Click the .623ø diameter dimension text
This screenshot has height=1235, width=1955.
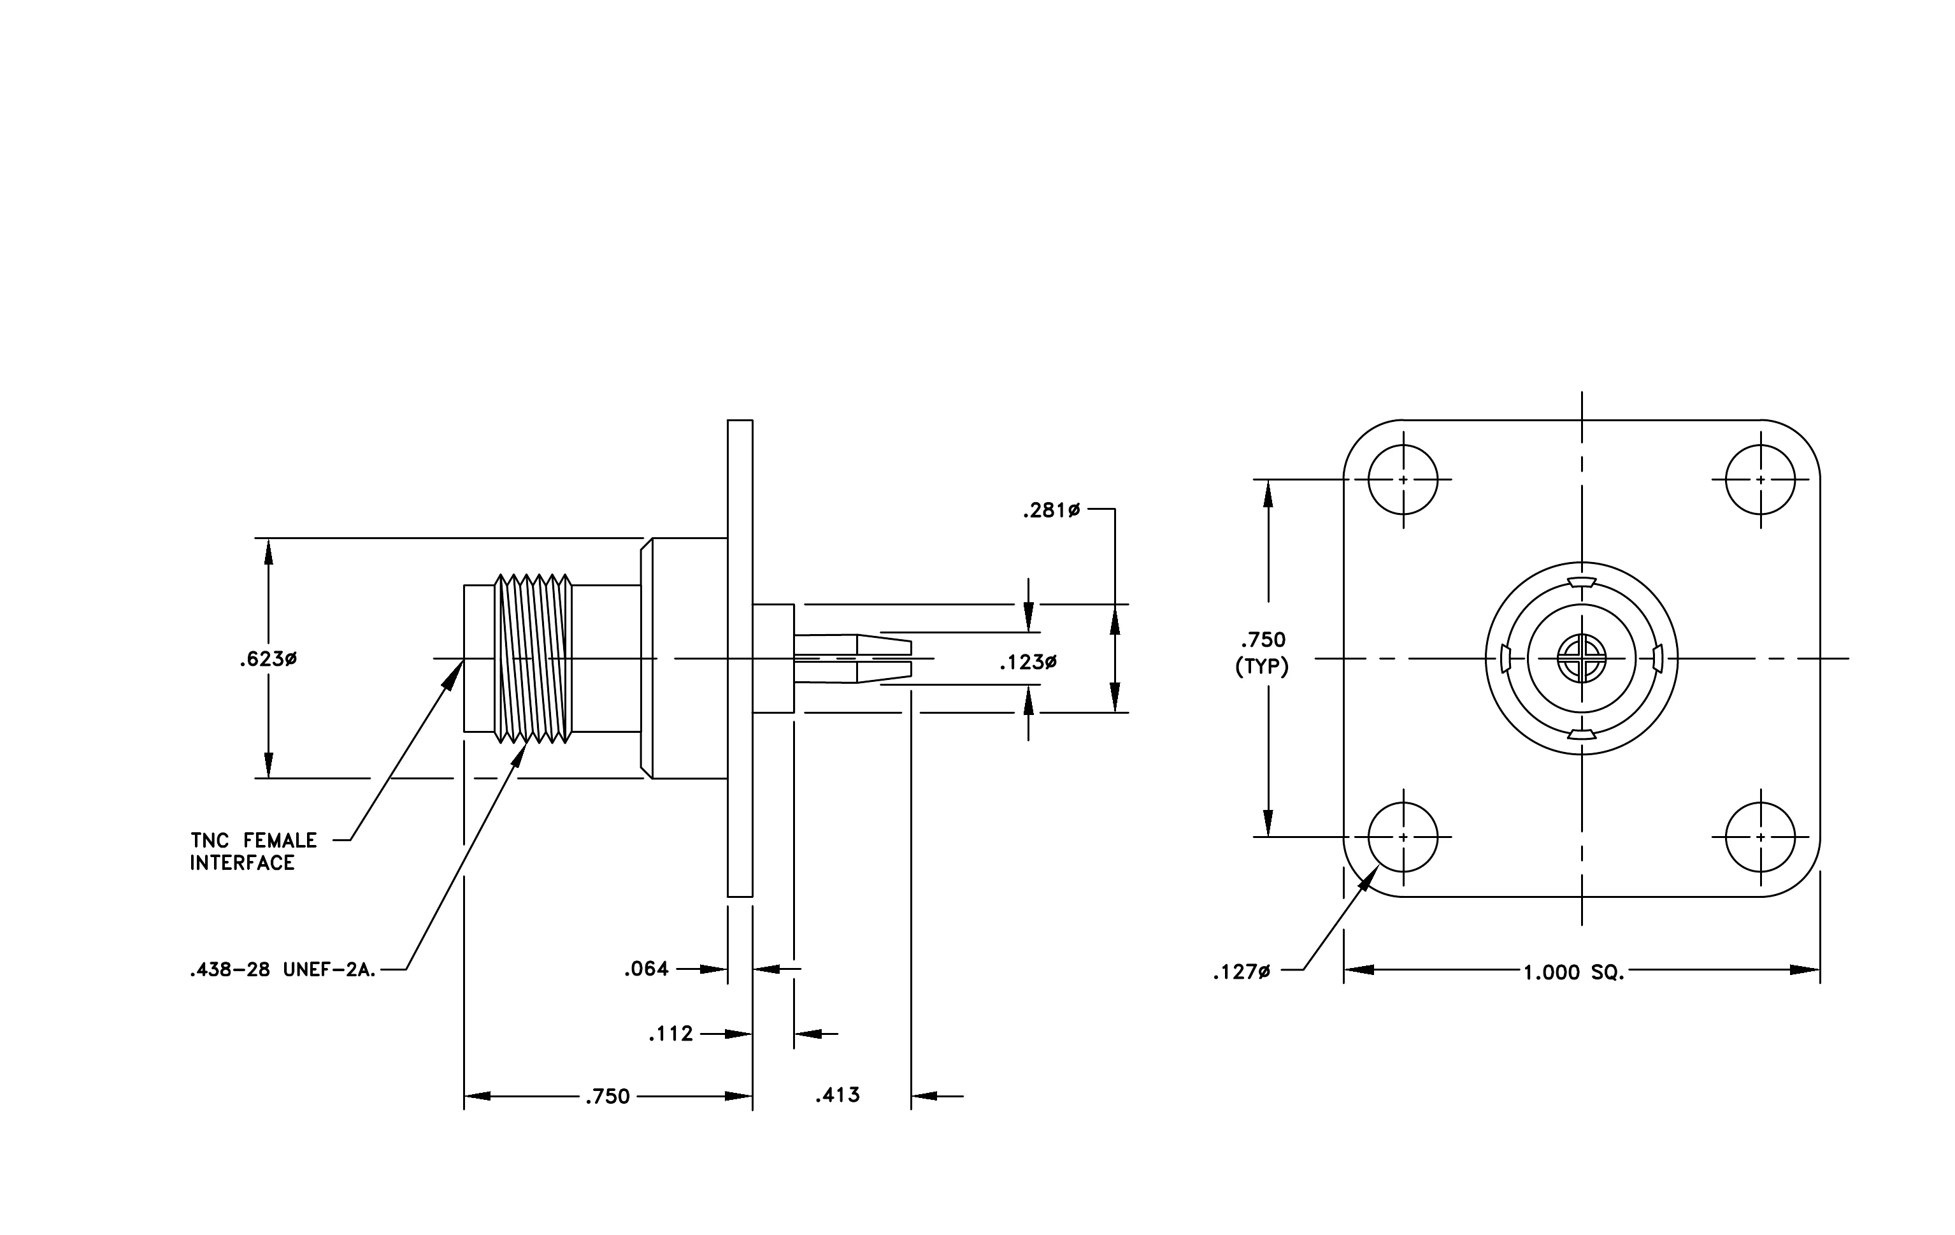click(268, 660)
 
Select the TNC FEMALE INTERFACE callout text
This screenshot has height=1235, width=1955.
click(254, 852)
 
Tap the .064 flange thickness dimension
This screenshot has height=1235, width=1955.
click(647, 969)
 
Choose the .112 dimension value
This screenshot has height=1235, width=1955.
click(671, 1034)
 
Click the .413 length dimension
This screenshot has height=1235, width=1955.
click(838, 1095)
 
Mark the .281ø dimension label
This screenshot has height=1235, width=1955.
click(1051, 510)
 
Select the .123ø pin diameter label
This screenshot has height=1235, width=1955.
click(1028, 663)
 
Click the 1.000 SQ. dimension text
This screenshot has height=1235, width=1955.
click(1574, 972)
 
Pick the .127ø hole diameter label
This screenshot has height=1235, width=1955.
click(1242, 972)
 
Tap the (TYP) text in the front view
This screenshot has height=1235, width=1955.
click(1262, 667)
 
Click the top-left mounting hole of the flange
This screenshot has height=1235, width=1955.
click(1403, 480)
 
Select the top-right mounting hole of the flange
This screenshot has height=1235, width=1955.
click(1760, 480)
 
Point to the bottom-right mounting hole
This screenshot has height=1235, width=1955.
click(1760, 837)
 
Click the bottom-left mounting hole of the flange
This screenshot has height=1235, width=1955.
click(1403, 837)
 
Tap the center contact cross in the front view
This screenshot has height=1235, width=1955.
click(1582, 658)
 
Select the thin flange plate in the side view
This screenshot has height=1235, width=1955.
click(740, 658)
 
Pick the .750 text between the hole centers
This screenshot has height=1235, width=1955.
click(1263, 640)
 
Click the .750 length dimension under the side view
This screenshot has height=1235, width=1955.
click(607, 1096)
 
